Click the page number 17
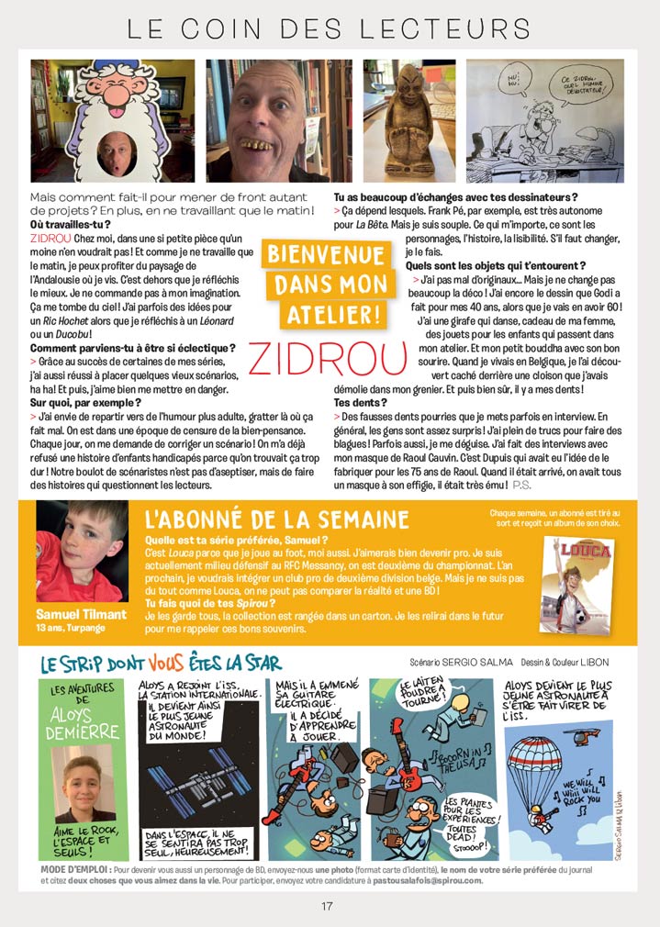pos(327,906)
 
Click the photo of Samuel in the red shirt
pos(82,550)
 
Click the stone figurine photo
pos(409,121)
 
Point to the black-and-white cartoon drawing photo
pos(544,121)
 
